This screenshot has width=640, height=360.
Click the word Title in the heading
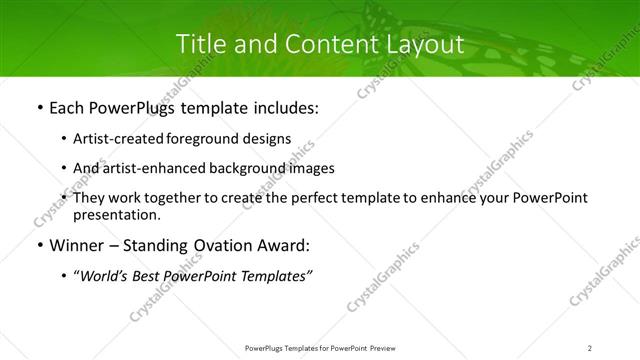pos(199,45)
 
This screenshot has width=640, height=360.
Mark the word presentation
pos(115,214)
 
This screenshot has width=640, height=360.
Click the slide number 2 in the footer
pos(589,348)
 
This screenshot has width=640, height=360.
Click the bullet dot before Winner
pos(39,246)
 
